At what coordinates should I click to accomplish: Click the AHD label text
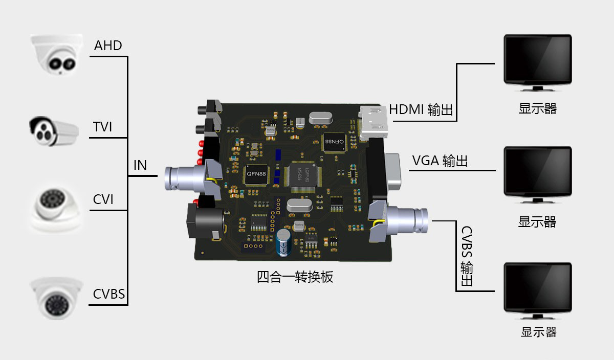pos(108,46)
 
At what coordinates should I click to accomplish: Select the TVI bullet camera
pos(53,131)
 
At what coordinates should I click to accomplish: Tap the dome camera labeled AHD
pos(55,54)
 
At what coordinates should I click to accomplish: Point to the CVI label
pos(103,199)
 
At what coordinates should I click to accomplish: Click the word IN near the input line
pos(140,165)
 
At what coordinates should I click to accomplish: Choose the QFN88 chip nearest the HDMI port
pos(334,141)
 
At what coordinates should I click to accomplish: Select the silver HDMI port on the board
pos(374,123)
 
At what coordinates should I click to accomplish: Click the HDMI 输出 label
pos(421,109)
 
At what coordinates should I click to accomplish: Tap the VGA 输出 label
pos(440,161)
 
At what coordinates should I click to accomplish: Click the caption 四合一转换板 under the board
pos(295,277)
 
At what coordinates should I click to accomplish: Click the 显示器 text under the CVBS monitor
pos(538,331)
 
